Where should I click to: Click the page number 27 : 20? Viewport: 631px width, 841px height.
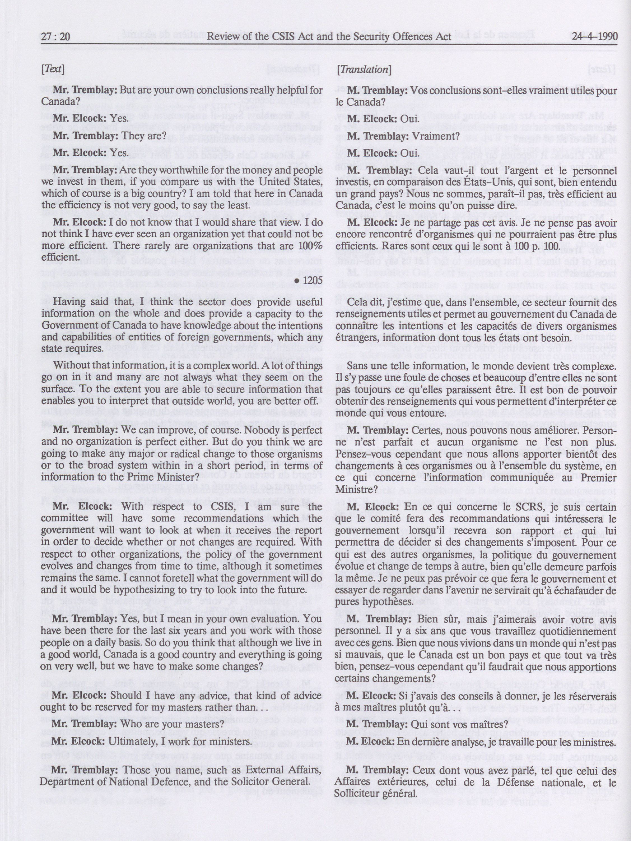point(55,37)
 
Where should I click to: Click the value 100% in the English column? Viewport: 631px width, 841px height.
point(309,246)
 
